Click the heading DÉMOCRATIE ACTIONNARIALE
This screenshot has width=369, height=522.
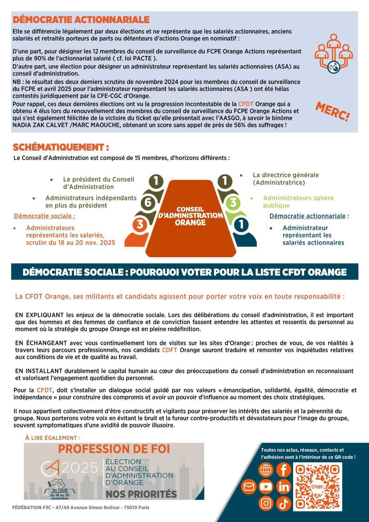(81, 20)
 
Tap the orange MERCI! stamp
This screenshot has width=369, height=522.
(332, 112)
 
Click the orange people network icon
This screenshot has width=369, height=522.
(334, 54)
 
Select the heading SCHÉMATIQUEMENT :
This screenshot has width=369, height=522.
(61, 147)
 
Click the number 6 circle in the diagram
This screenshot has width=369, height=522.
(148, 203)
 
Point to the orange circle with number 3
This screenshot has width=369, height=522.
(140, 224)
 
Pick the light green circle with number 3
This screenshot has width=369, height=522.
(233, 203)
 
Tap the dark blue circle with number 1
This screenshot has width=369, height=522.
(241, 224)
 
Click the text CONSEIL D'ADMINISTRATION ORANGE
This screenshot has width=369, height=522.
(190, 216)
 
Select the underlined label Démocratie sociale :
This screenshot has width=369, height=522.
(45, 216)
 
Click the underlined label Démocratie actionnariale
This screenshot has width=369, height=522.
(307, 216)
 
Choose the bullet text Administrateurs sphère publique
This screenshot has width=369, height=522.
(298, 201)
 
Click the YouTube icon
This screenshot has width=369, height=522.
(266, 487)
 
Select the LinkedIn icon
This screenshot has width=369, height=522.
(284, 487)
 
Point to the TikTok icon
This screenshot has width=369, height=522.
(284, 503)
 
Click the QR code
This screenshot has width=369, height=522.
(317, 487)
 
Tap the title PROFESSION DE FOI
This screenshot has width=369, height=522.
(114, 449)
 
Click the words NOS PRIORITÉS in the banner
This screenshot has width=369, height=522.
(141, 494)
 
